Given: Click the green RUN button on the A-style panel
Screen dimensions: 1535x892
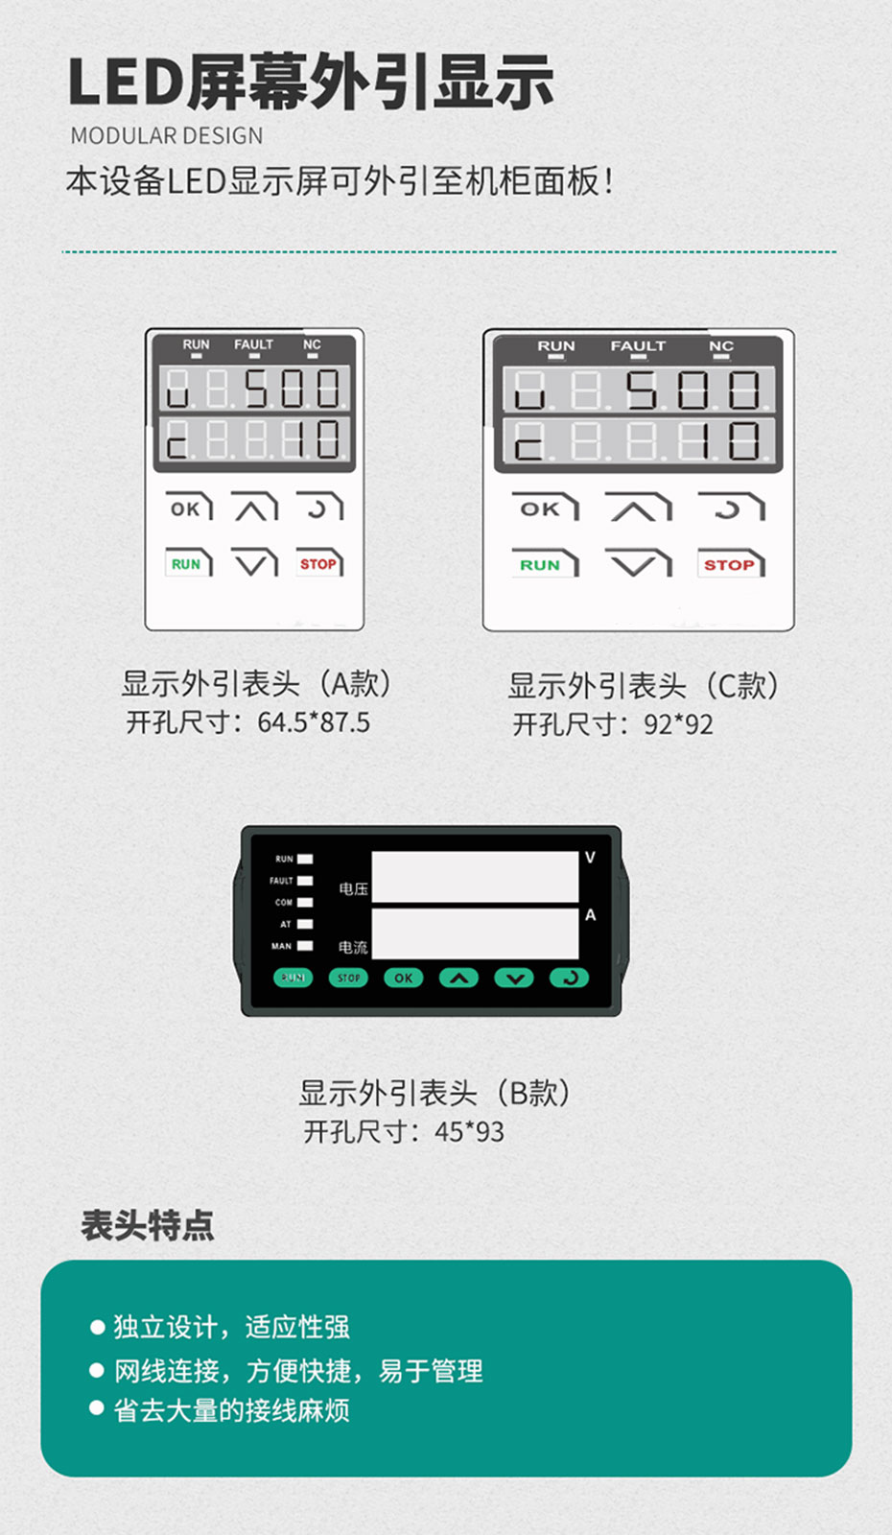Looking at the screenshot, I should click(187, 564).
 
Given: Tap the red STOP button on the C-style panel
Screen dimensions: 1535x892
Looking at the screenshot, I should click(730, 565).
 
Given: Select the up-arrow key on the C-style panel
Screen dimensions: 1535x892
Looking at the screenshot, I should click(638, 508).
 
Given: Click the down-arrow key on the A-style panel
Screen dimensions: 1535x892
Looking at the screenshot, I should click(253, 564).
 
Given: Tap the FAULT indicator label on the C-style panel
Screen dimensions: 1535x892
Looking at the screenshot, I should click(638, 346).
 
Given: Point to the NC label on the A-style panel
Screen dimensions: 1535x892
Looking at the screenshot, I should click(312, 344).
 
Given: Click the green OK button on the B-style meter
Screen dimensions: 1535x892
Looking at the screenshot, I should click(404, 979).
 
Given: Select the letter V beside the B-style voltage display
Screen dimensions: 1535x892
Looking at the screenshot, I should click(590, 858).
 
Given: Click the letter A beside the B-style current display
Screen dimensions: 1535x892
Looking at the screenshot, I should click(590, 916).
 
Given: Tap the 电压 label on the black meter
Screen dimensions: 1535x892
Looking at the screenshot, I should click(353, 889).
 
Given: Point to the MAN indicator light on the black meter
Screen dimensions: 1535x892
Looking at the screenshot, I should click(305, 946).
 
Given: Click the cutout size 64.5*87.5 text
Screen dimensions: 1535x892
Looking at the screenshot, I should click(313, 722).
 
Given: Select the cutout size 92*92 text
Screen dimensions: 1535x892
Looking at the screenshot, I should click(678, 724).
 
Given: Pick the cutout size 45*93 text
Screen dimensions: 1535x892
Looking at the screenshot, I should click(469, 1132).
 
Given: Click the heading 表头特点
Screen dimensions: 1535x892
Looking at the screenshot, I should click(148, 1225).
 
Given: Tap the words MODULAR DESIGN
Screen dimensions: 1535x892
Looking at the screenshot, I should click(167, 136).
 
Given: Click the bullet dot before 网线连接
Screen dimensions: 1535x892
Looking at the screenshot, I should click(97, 1370).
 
